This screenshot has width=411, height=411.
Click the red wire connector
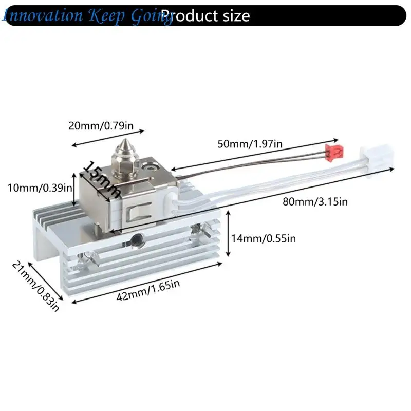334,153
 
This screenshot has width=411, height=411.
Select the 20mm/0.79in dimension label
101,126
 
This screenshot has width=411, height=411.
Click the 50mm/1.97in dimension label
250,144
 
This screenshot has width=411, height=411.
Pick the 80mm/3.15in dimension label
315,202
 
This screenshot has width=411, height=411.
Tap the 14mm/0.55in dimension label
264,239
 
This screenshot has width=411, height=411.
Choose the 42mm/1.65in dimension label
148,290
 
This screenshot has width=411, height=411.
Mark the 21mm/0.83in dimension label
35,287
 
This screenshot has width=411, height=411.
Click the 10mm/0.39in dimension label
40,188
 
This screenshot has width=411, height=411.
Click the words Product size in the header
206,16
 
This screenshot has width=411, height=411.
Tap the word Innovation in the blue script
43,15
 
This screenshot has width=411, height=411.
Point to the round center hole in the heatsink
137,239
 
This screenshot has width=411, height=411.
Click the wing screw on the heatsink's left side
86,259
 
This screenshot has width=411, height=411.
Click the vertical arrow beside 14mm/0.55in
228,234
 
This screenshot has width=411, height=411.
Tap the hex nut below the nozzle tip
125,162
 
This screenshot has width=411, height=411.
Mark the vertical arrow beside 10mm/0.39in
74,189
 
